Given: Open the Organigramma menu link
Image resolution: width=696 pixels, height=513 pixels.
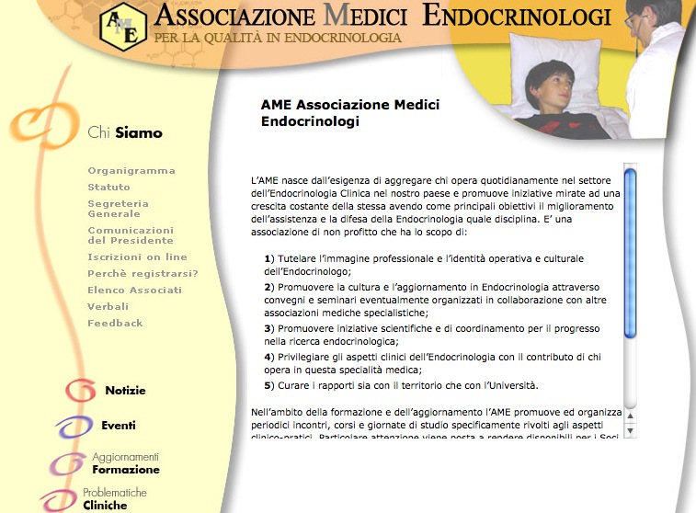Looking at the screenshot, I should click(x=131, y=171).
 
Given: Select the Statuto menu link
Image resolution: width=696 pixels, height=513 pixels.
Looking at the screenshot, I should click(x=109, y=188).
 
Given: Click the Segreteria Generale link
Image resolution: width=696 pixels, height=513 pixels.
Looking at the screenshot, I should click(x=119, y=209).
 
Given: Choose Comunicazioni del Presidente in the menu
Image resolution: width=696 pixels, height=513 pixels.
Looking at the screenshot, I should click(x=131, y=234).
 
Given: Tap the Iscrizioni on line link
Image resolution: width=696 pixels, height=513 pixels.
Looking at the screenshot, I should click(x=137, y=257).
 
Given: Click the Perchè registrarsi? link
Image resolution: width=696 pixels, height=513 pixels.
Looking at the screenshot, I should click(x=143, y=274).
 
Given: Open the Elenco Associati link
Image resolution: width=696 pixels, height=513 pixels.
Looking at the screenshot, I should click(x=135, y=291).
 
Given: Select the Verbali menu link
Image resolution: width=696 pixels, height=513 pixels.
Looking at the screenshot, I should click(x=108, y=307).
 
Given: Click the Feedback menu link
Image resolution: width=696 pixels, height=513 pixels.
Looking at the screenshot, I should click(x=116, y=324).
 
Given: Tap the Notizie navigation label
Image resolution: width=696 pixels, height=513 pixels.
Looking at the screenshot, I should click(x=125, y=391).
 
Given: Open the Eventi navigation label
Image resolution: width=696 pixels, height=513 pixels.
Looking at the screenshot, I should click(x=119, y=426).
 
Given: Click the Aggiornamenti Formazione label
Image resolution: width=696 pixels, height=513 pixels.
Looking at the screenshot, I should click(x=126, y=463).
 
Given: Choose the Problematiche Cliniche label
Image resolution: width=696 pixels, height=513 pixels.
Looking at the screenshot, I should click(x=107, y=498).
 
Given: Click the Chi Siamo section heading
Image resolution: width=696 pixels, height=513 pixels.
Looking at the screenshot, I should click(x=125, y=133).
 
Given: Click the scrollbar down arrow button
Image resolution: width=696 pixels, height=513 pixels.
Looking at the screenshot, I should click(x=631, y=430).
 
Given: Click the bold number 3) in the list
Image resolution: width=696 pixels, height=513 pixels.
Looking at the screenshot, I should click(x=269, y=328).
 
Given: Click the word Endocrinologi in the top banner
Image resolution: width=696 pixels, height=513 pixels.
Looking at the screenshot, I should click(x=516, y=16).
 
